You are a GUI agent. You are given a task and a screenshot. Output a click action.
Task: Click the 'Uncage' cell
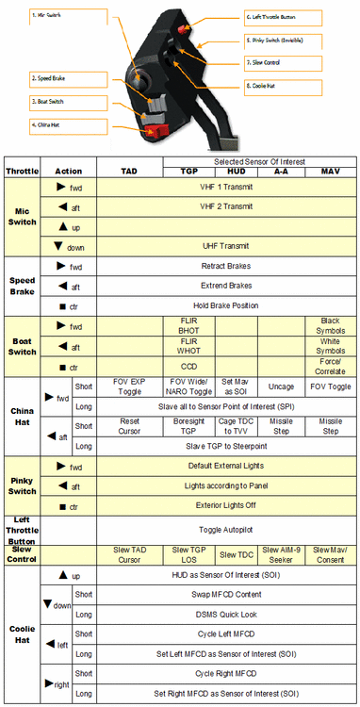[x=286, y=386]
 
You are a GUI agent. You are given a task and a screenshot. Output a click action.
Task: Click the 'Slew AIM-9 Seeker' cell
[x=286, y=553]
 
